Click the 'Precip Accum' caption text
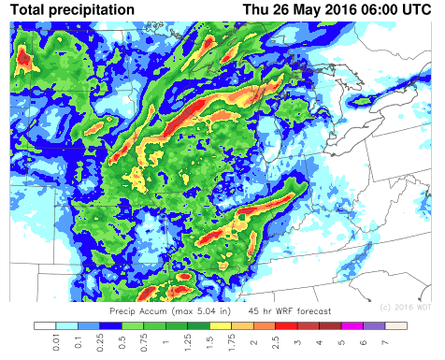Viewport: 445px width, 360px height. tap(137, 310)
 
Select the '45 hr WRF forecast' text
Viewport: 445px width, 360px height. tap(286, 310)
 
